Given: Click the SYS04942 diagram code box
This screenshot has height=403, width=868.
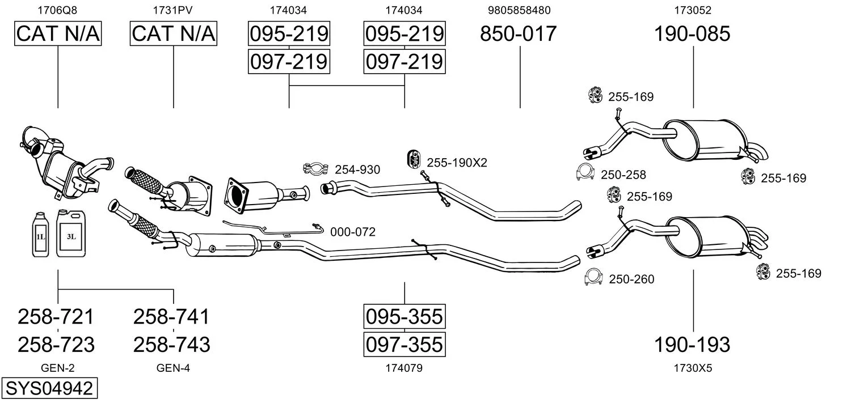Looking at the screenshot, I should [x=48, y=389].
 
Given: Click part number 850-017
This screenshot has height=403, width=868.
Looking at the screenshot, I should [x=519, y=35].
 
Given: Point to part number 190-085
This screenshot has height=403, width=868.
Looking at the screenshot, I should [x=692, y=35].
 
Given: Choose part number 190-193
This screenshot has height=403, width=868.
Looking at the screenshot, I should [x=692, y=344].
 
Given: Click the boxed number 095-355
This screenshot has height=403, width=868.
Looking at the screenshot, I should [x=404, y=316].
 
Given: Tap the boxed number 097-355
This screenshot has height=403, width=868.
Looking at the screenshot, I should [x=404, y=344].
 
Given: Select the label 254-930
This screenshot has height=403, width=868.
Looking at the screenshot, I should [x=357, y=169].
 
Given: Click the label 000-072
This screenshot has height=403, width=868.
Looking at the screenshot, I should [x=352, y=232].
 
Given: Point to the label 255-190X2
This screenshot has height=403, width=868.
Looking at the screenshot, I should [x=457, y=163].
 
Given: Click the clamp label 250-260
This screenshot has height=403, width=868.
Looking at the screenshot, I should [x=631, y=279].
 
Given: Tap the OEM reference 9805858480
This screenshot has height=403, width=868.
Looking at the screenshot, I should [x=519, y=10].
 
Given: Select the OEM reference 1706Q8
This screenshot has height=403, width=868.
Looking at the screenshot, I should [x=57, y=10].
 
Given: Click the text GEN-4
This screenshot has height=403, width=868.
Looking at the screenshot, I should [x=173, y=368].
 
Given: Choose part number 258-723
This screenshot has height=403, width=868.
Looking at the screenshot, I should [x=56, y=344].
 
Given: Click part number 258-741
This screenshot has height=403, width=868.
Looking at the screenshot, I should [x=171, y=316].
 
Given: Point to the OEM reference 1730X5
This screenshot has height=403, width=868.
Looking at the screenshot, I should [x=692, y=368].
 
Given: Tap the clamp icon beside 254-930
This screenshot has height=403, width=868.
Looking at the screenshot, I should [x=317, y=168].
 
